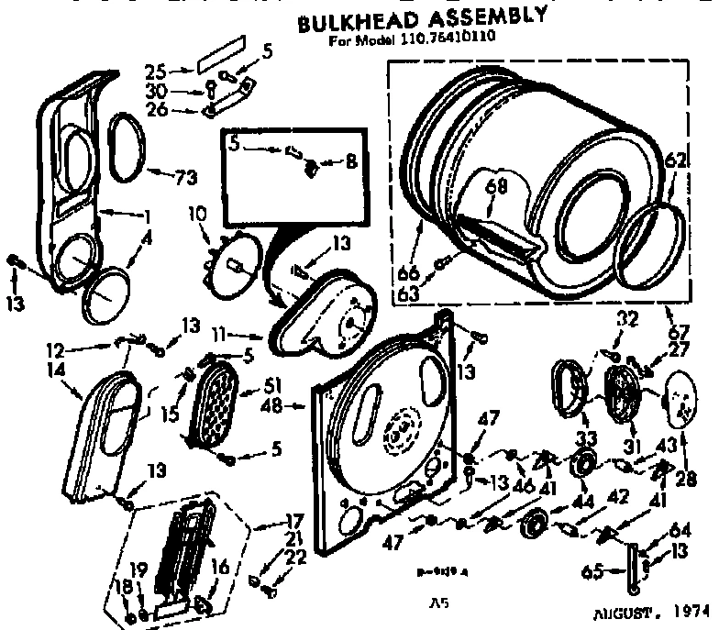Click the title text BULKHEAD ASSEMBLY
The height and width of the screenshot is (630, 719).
click(x=410, y=21)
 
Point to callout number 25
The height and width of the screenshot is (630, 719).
click(x=179, y=70)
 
